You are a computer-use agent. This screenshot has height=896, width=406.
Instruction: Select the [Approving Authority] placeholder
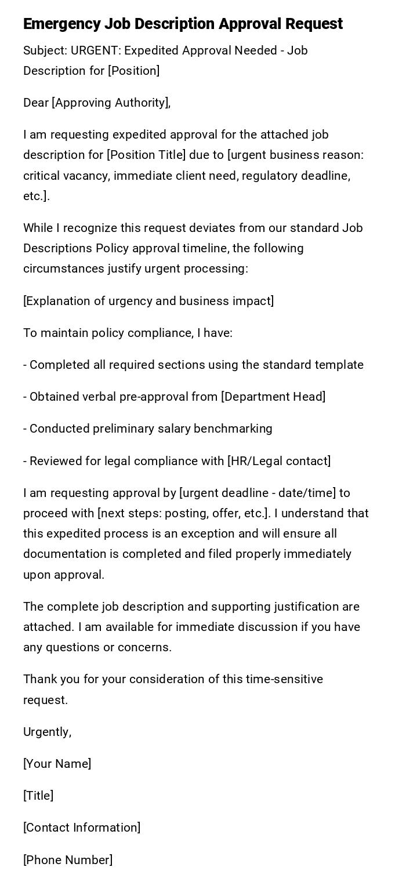click(x=111, y=103)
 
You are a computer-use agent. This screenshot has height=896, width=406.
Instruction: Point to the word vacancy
click(x=86, y=175)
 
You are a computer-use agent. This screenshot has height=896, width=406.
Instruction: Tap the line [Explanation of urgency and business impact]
click(x=148, y=301)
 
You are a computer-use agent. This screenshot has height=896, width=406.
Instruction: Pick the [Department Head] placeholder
click(x=273, y=397)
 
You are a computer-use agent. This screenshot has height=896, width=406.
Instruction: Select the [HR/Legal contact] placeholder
click(x=279, y=461)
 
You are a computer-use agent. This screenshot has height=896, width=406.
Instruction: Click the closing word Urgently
click(x=47, y=732)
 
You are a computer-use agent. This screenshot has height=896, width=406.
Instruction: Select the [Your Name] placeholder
click(x=57, y=764)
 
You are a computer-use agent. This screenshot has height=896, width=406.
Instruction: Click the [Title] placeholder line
click(x=38, y=796)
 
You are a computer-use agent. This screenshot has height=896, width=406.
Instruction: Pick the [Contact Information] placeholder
click(x=82, y=828)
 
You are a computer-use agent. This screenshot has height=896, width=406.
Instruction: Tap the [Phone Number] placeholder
click(x=68, y=860)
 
